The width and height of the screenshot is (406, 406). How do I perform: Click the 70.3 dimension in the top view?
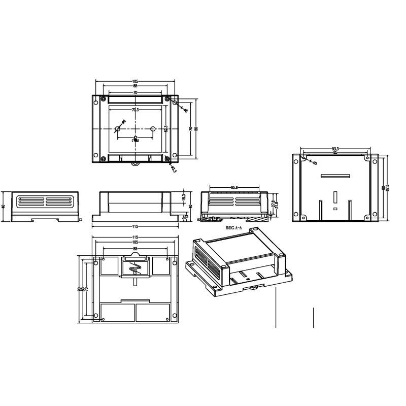tap(135, 110)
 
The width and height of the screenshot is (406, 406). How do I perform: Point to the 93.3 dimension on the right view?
tap(335, 149)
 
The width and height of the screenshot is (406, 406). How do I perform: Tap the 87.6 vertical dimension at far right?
tap(387, 187)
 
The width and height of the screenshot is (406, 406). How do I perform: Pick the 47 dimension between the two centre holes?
tap(136, 138)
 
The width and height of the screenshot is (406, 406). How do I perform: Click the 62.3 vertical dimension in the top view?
tap(166, 128)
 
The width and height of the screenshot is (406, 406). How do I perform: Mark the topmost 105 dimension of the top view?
tap(135, 81)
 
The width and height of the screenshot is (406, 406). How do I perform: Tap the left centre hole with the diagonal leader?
tap(117, 129)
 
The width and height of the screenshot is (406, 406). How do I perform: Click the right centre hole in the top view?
tap(153, 129)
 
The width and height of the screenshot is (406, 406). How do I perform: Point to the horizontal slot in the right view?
tap(335, 177)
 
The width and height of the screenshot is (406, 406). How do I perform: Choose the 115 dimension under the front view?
tap(135, 226)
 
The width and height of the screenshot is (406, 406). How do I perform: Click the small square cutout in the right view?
tap(335, 209)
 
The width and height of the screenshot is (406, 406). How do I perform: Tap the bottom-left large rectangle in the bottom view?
tap(117, 313)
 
